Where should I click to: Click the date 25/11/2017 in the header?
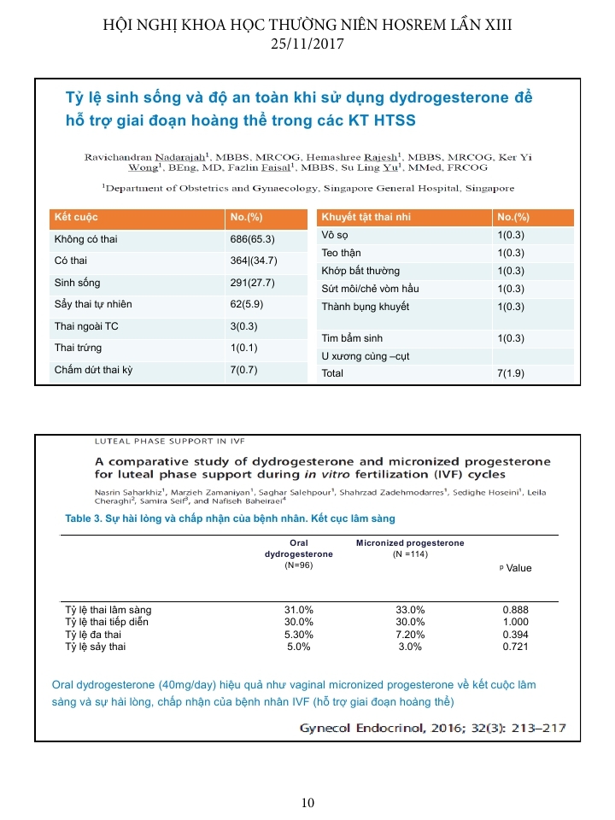coord(307,43)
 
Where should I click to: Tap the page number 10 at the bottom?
coord(307,802)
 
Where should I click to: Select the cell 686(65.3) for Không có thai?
coord(254,239)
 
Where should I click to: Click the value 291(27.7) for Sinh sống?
coord(254,283)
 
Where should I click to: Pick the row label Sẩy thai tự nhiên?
coord(93,304)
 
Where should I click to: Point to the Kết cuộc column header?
coord(75,217)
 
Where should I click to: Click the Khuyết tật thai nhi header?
coord(366,217)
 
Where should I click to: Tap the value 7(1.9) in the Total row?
coord(511,373)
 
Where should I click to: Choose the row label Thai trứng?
coord(78,348)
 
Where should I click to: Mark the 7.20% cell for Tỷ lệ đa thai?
coord(410,635)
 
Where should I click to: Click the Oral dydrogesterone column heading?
coord(299,548)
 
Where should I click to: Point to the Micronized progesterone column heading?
coord(410,542)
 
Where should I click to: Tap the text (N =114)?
coord(410,554)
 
